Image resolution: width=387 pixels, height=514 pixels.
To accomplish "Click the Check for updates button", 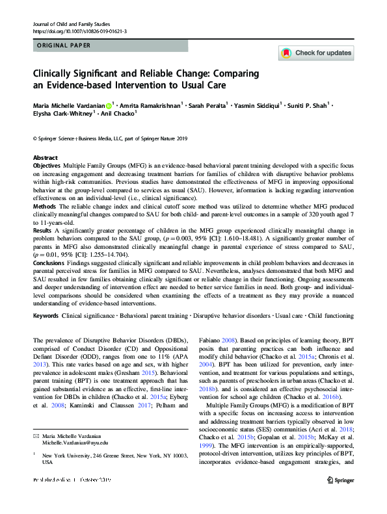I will (x=316, y=53).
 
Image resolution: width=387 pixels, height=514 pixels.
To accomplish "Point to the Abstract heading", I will (x=45, y=158).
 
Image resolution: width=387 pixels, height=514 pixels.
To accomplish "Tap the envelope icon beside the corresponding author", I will (x=37, y=450).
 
